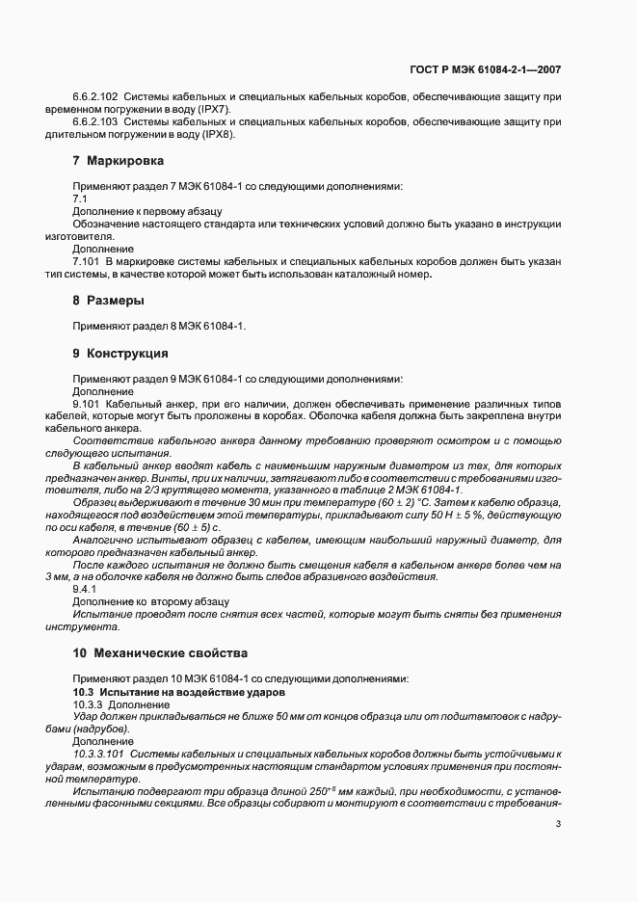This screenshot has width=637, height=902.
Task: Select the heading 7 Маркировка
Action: pos(119,160)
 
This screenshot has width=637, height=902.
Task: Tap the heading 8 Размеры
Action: pos(109,300)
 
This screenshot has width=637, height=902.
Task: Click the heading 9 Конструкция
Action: pos(120,353)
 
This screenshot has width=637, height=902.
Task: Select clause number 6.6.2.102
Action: pos(95,97)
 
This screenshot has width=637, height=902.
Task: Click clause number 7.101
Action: pos(87,261)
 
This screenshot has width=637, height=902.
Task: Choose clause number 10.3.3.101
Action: pos(98,754)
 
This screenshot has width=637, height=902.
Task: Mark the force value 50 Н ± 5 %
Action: pos(448,516)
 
